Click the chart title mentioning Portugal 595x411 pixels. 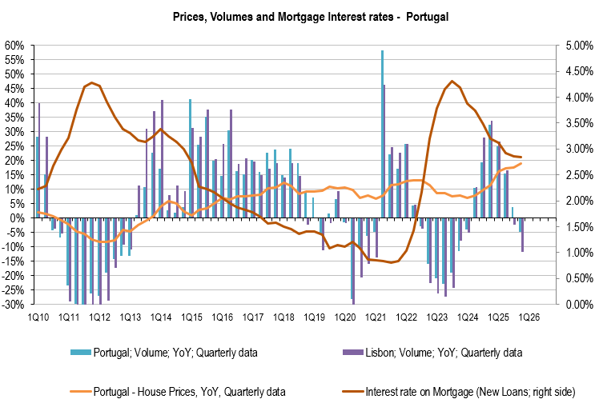pos(297,16)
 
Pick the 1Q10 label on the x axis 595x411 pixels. pos(38,317)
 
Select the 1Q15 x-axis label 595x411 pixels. pos(191,317)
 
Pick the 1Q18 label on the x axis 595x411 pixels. pos(283,317)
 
